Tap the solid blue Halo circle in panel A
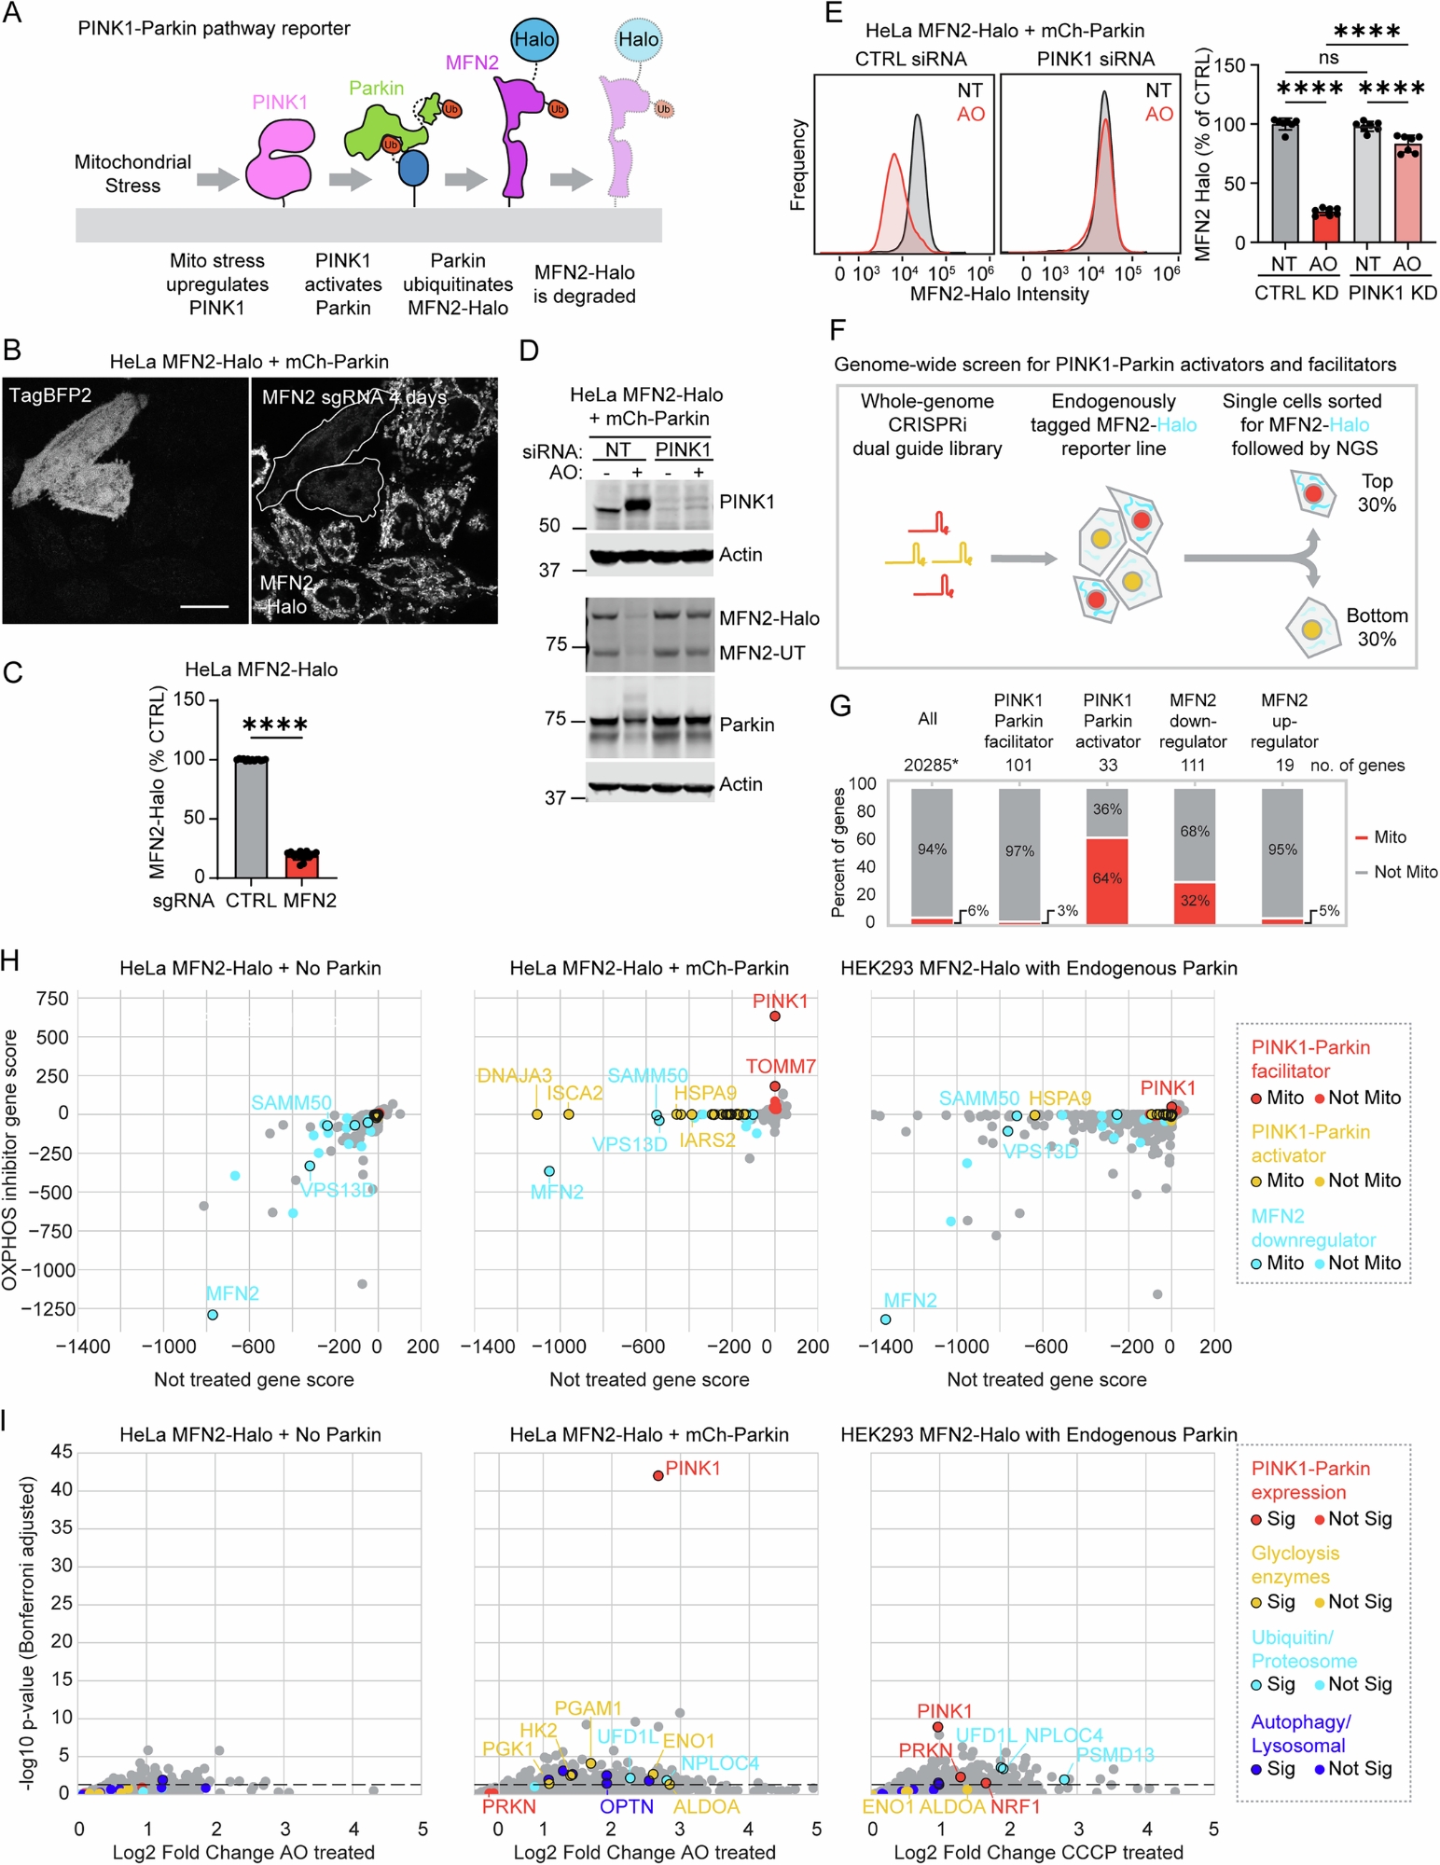click(534, 40)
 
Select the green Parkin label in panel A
click(376, 89)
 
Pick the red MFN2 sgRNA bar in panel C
click(301, 863)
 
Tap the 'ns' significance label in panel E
click(1328, 58)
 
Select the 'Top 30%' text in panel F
click(1377, 493)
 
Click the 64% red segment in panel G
click(1107, 879)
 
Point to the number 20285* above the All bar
click(930, 766)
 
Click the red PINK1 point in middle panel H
click(775, 1015)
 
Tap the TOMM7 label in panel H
click(781, 1066)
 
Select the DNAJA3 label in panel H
click(515, 1075)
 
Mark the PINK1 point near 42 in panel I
click(658, 1475)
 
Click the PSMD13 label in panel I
click(1115, 1755)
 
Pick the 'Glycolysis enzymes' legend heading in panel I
click(1295, 1565)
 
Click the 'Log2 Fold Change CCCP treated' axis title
click(1038, 1852)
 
